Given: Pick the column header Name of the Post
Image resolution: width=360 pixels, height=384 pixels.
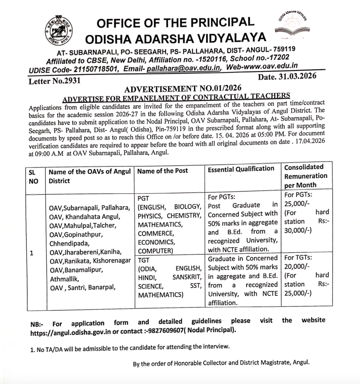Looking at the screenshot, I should tap(163, 171).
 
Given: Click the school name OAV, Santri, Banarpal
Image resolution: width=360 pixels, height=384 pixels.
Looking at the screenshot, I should tap(84, 288).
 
